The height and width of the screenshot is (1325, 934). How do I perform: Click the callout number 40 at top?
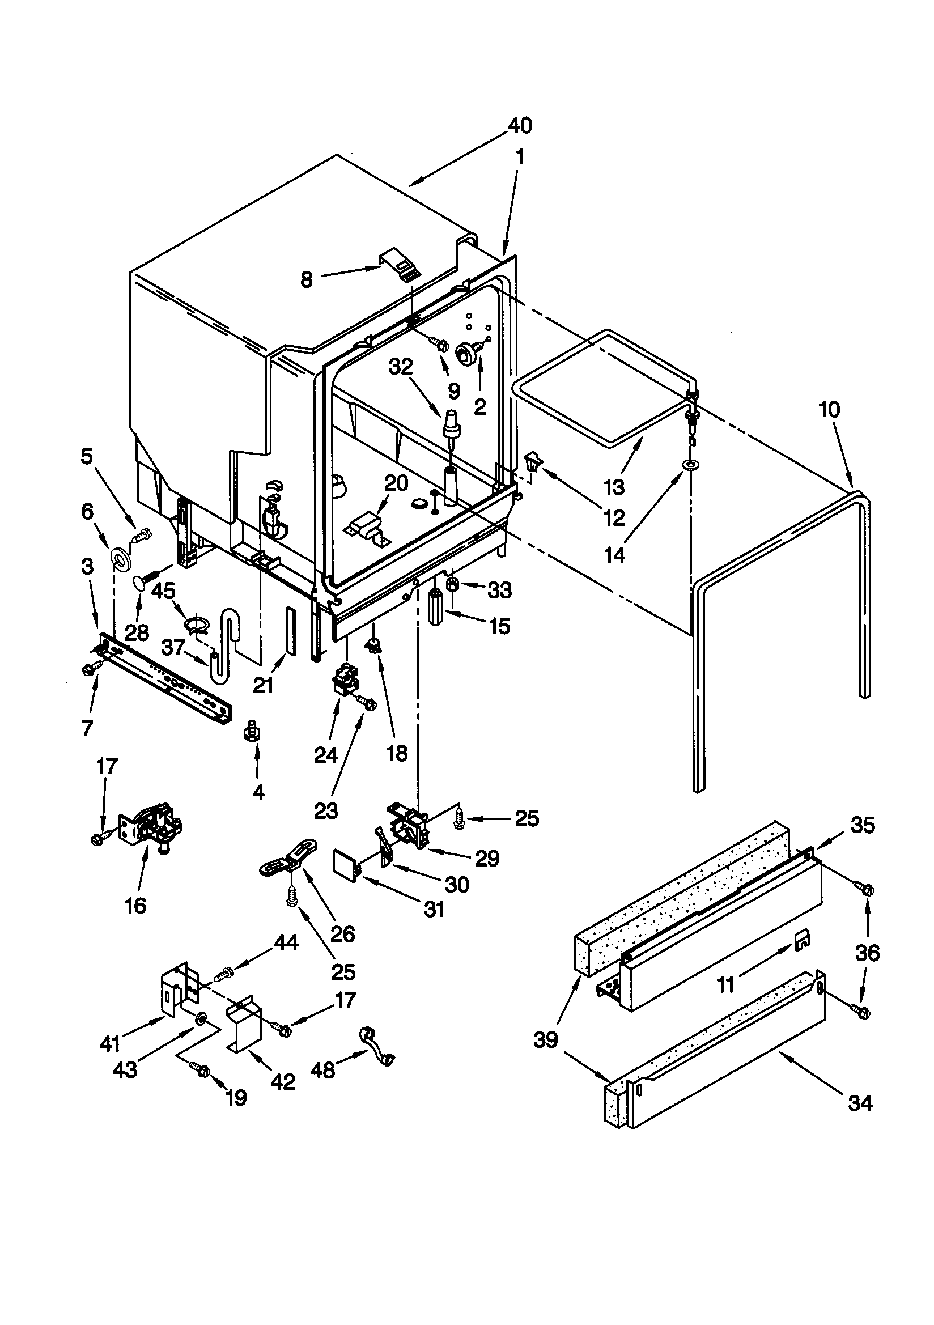(520, 125)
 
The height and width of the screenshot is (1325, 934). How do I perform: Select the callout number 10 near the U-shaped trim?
(830, 410)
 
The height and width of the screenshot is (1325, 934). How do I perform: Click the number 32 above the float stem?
(401, 367)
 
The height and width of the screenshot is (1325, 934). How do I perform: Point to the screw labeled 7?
(91, 669)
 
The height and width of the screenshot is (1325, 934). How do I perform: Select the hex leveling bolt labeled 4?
(252, 731)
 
